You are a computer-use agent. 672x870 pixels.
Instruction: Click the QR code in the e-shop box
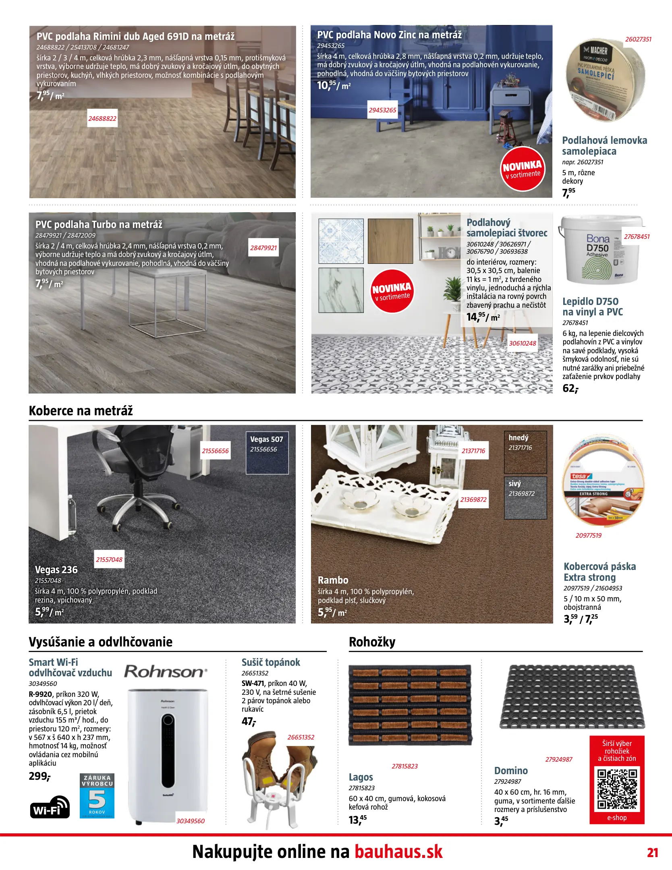click(617, 789)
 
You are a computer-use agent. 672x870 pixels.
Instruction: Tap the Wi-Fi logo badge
click(50, 807)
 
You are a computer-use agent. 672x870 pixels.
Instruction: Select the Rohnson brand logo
click(166, 671)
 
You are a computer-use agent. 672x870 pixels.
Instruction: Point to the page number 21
click(652, 853)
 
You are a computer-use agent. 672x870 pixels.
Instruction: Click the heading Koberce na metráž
click(81, 411)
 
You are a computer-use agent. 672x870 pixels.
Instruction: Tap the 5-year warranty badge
click(97, 795)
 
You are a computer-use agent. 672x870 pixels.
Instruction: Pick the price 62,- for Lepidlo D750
click(570, 388)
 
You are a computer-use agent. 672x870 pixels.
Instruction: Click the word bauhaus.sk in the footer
click(398, 852)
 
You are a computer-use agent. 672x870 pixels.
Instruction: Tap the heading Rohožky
click(372, 642)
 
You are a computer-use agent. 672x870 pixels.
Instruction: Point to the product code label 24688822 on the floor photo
click(102, 118)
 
